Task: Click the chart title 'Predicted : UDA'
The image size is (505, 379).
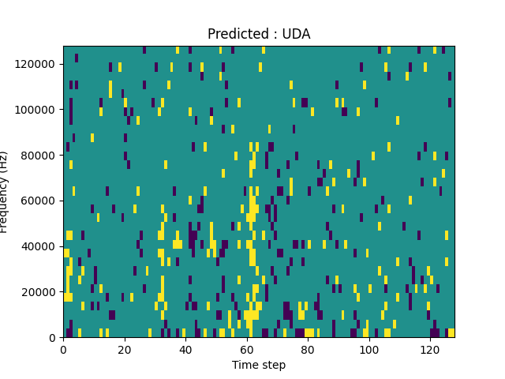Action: click(259, 34)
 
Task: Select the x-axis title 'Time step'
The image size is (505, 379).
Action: click(259, 365)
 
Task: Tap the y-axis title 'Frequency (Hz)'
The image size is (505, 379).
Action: click(5, 192)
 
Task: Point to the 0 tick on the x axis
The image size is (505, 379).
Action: click(63, 350)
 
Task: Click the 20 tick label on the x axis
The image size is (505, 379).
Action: click(124, 350)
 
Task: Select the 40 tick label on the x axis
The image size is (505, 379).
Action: click(185, 350)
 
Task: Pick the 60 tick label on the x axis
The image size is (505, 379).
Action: click(246, 350)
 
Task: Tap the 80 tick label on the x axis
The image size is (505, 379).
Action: click(308, 350)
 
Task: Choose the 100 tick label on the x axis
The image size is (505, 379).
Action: click(368, 350)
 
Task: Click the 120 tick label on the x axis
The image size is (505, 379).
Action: click(430, 350)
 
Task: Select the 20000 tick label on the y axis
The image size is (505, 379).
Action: click(40, 292)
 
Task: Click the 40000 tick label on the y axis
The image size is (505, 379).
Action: click(40, 246)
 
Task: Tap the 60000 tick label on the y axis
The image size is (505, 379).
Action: click(40, 201)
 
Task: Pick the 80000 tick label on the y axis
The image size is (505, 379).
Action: click(40, 155)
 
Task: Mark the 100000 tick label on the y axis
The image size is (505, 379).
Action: click(38, 109)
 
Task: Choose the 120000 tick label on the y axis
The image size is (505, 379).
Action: click(38, 63)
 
